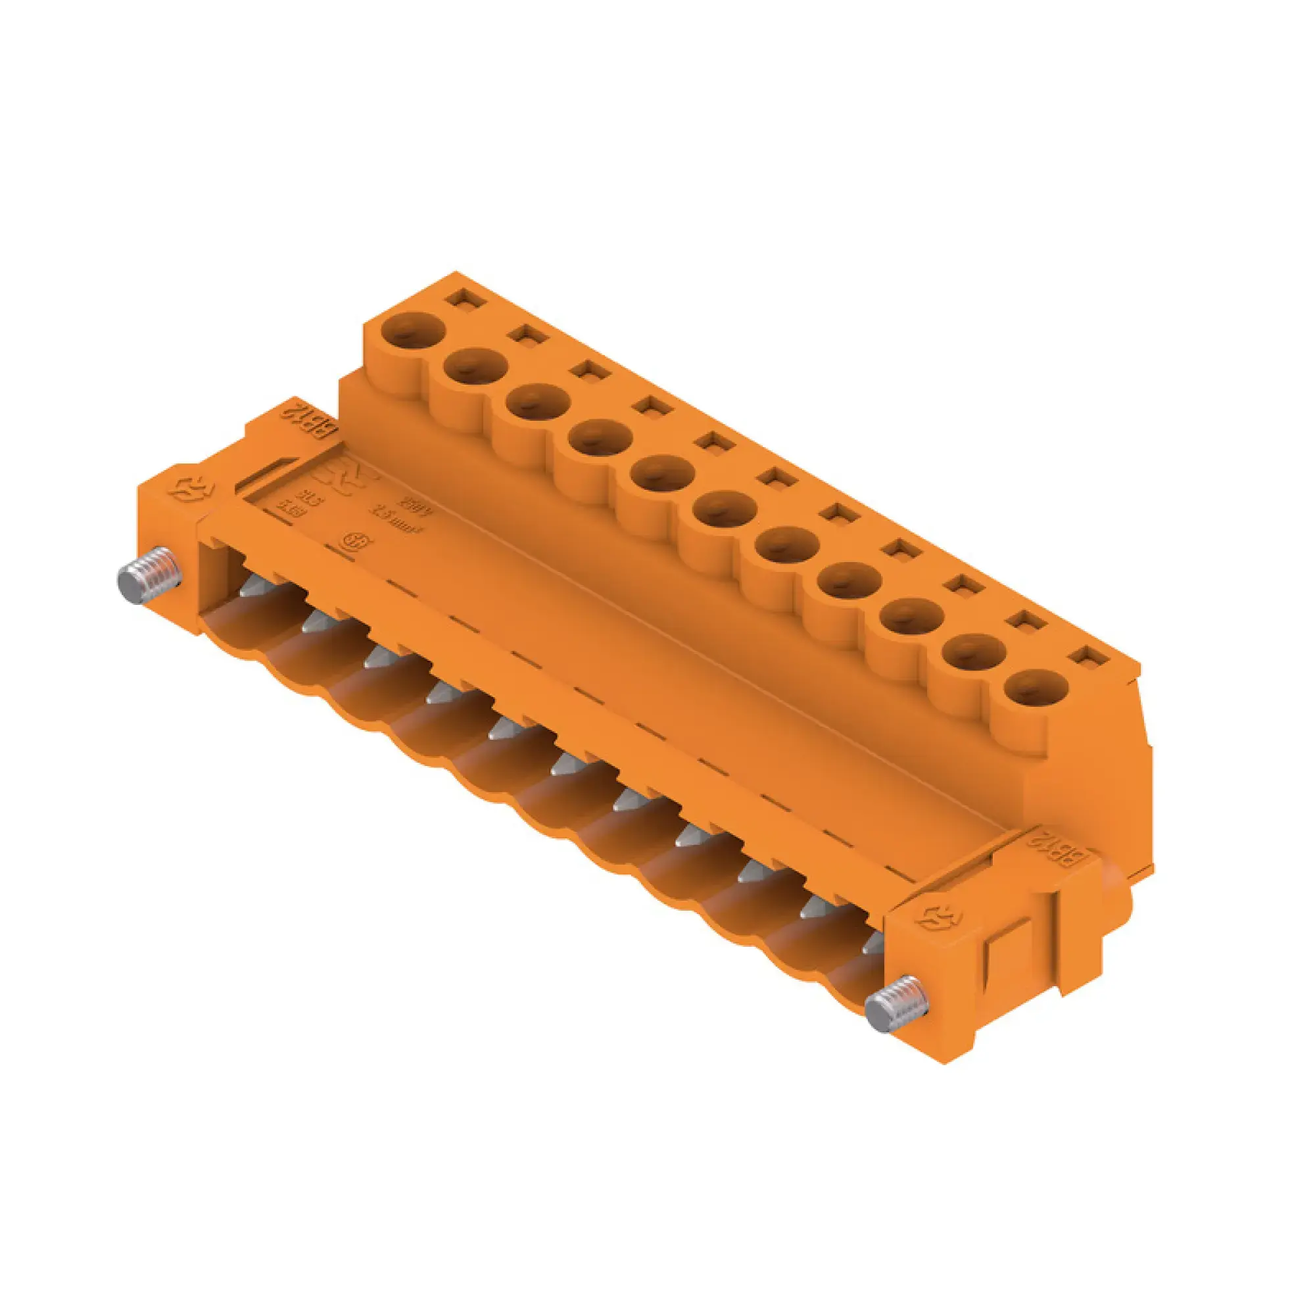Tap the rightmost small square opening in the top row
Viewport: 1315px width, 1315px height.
[1088, 657]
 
